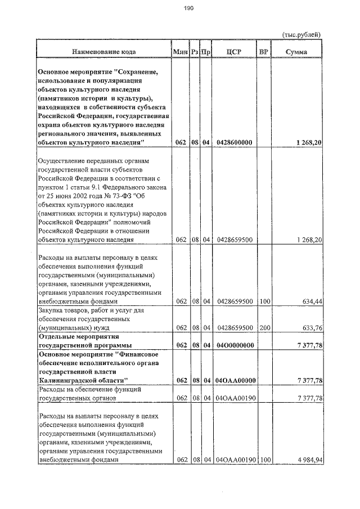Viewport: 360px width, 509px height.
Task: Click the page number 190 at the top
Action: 188,8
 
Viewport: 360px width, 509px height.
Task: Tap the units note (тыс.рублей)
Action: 301,35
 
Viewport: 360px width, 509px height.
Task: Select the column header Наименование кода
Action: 103,52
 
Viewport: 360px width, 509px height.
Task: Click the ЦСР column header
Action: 233,52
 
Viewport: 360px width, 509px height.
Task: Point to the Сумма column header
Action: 296,52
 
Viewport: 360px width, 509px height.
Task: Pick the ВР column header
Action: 263,52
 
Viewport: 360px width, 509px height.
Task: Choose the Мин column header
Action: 180,52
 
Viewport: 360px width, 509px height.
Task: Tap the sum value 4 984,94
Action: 307,460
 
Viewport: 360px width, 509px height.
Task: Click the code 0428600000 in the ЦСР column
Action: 234,143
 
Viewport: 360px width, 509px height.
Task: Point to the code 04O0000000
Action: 234,345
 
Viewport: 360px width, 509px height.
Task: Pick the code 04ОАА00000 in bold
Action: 235,381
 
